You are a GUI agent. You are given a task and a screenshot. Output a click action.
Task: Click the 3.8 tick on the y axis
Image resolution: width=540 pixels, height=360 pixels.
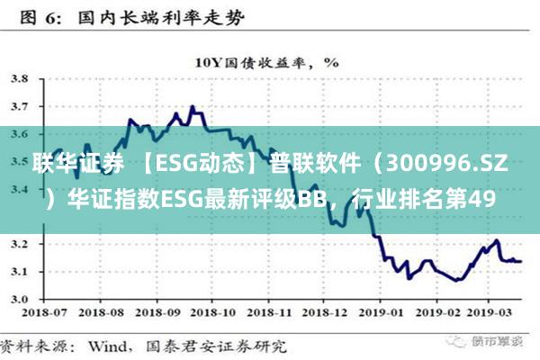[x=18, y=78]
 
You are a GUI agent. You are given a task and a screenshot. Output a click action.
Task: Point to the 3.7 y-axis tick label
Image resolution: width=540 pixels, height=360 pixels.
[x=18, y=106]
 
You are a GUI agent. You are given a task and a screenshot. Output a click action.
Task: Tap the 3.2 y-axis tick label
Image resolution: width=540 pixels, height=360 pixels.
[x=18, y=244]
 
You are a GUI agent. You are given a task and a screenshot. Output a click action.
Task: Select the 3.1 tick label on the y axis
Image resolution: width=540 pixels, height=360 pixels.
[x=18, y=271]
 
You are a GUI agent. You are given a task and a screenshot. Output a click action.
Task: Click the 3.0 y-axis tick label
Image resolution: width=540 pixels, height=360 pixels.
[x=18, y=299]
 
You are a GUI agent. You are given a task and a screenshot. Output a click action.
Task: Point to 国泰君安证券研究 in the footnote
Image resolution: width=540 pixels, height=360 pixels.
[x=225, y=345]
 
